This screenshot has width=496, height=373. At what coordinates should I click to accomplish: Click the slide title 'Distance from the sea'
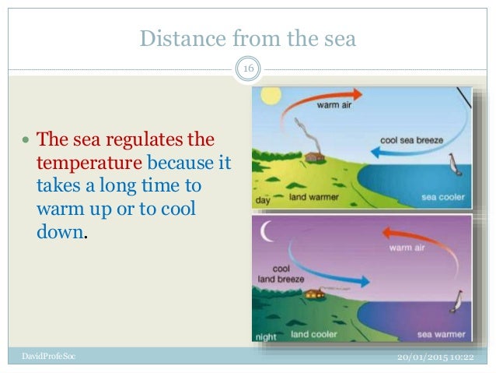pyautogui.click(x=247, y=37)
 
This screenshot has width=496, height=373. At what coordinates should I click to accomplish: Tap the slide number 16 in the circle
pyautogui.click(x=248, y=72)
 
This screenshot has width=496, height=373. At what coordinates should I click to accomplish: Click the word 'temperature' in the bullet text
pyautogui.click(x=89, y=165)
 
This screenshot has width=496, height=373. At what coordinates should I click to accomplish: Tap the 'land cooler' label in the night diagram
pyautogui.click(x=316, y=335)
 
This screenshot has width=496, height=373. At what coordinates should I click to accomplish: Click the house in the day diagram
pyautogui.click(x=315, y=157)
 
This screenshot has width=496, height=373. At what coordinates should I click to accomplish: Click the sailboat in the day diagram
pyautogui.click(x=455, y=165)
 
